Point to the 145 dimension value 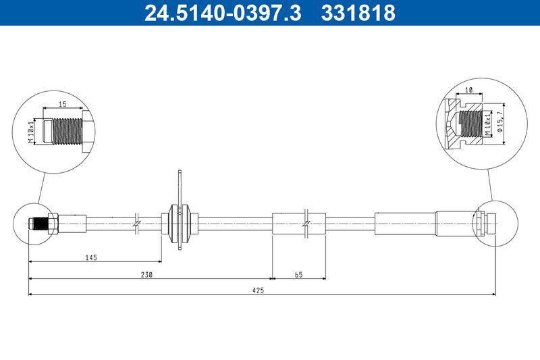click(92, 257)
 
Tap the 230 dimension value click(147, 274)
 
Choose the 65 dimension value click(298, 274)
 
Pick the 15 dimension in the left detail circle click(62, 104)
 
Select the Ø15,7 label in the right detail click(500, 123)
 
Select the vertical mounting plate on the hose click(181, 209)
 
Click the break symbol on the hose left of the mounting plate click(136, 222)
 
